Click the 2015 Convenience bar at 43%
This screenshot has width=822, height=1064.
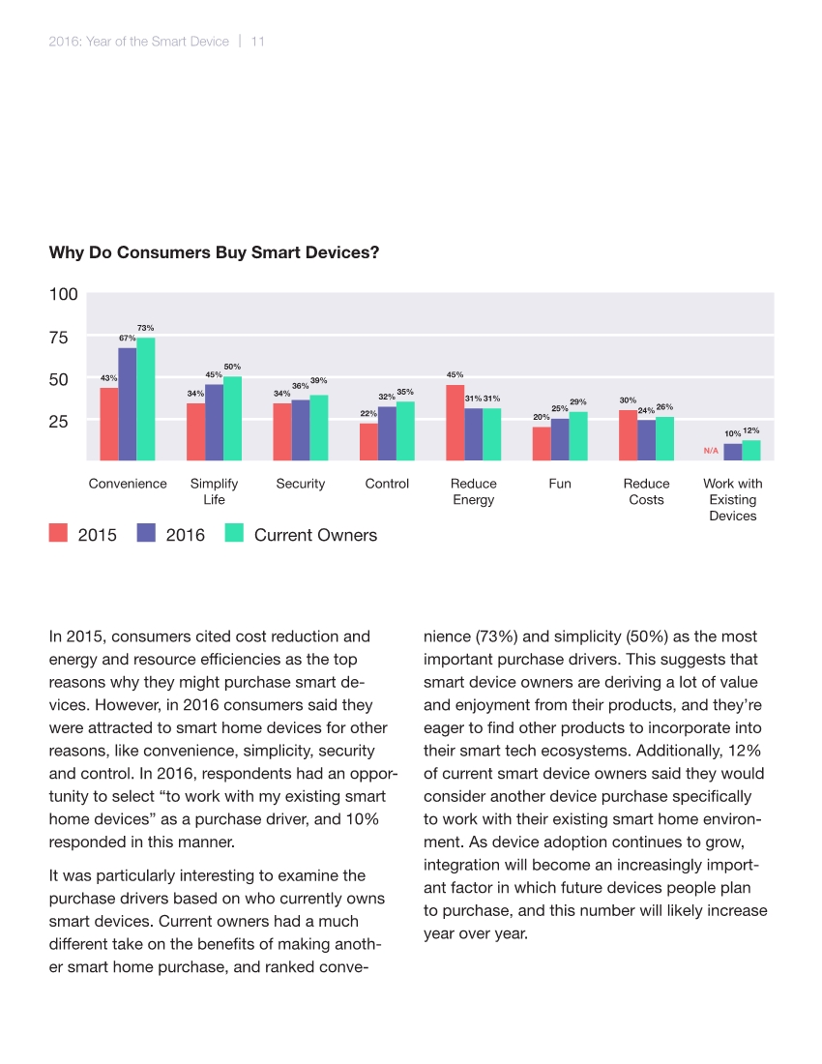[109, 424]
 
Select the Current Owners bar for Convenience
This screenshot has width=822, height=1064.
[146, 399]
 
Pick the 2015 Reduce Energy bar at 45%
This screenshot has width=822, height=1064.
[455, 422]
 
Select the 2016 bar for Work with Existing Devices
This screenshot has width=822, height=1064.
[733, 452]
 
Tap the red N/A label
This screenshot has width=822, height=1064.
[711, 451]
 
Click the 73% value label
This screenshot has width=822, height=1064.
[146, 329]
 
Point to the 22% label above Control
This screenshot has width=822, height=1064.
[368, 413]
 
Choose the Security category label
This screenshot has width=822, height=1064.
[301, 484]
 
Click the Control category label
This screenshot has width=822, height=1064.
[387, 484]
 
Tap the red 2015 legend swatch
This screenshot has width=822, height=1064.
[58, 533]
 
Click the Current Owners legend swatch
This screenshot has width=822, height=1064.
[233, 533]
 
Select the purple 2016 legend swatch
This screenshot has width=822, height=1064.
[146, 533]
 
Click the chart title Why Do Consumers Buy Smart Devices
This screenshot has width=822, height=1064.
[214, 253]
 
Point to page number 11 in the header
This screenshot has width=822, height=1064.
[258, 42]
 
